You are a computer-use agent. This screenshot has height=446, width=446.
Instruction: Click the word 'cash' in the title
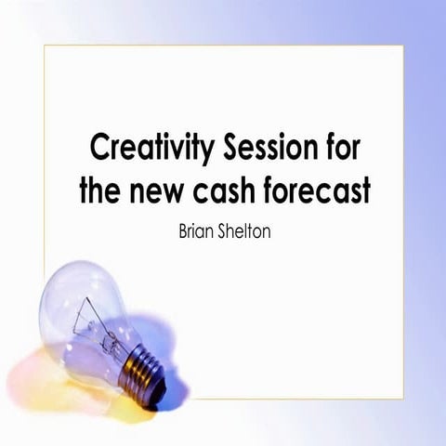tap(235, 191)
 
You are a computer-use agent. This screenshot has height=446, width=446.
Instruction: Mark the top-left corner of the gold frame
tap(45, 45)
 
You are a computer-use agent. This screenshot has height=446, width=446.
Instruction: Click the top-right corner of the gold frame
tap(403, 45)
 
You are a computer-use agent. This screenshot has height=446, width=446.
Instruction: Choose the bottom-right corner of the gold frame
tap(403, 399)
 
